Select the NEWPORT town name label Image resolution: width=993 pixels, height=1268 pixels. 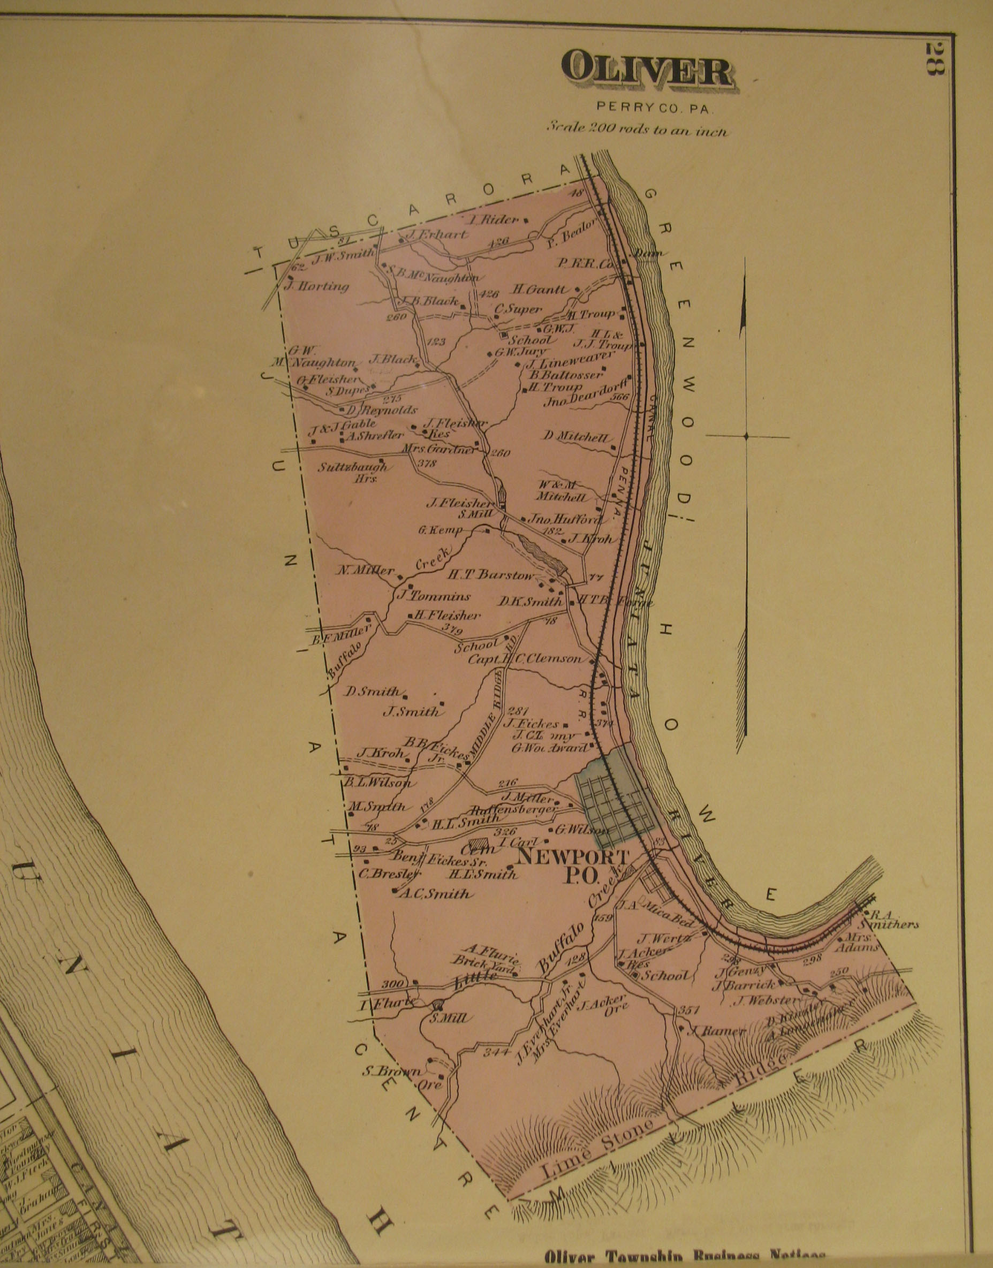[x=573, y=856]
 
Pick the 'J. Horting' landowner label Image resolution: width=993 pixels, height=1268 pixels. [x=317, y=286]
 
